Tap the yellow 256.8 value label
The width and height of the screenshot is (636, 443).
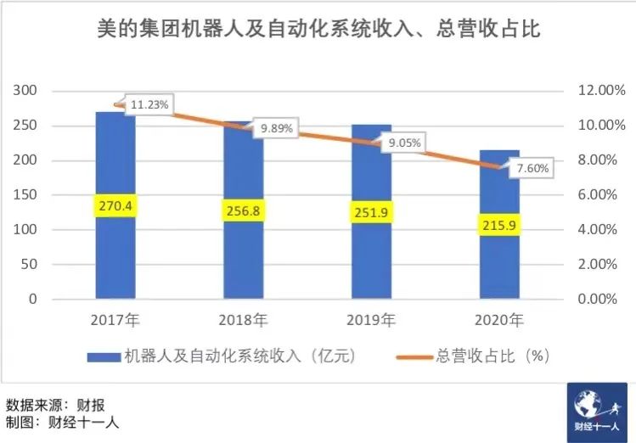coord(243,210)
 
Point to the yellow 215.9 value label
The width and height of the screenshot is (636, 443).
coord(499,225)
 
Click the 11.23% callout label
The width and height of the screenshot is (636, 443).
coord(150,105)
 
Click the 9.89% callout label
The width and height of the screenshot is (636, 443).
coord(277,128)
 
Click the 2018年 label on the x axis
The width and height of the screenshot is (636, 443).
coord(243,321)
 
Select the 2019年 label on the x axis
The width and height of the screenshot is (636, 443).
coord(370,321)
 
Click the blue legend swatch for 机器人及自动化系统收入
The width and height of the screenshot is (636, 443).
coord(104,356)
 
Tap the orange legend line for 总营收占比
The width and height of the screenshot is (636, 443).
coord(414,356)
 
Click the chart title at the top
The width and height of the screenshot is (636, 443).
coord(317,30)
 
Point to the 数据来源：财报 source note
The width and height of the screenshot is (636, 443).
coord(55,402)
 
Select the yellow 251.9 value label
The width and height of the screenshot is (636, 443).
coord(371,211)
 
